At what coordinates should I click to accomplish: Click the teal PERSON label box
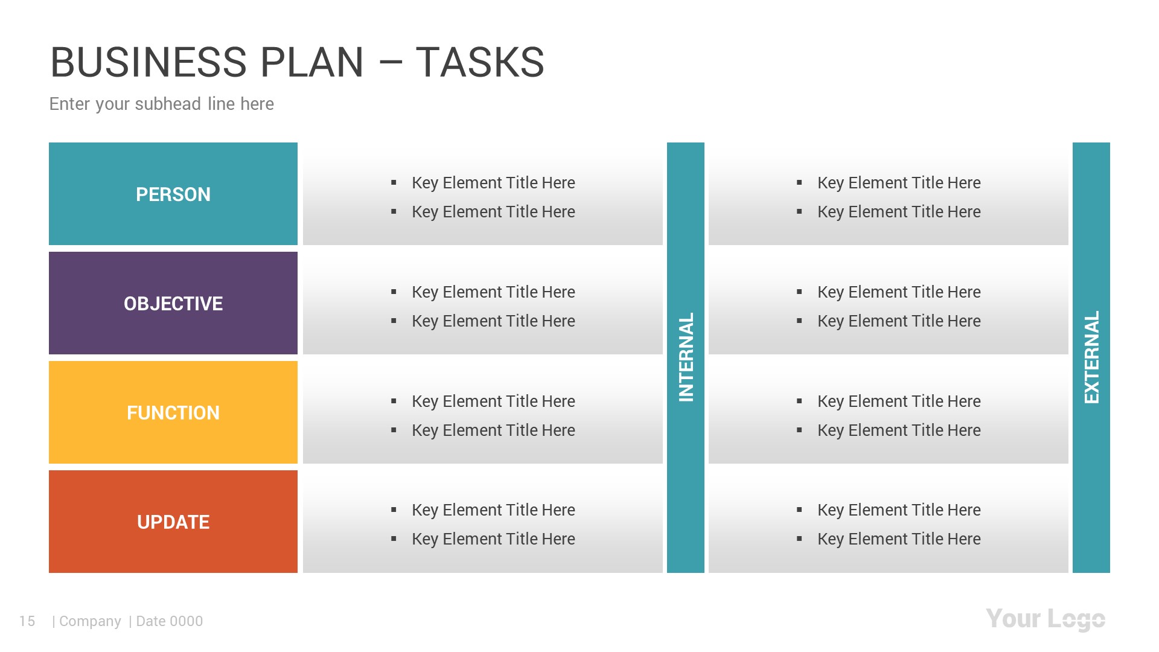click(x=173, y=194)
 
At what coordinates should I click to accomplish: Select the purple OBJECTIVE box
click(x=173, y=303)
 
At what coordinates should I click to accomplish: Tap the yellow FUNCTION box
click(x=173, y=412)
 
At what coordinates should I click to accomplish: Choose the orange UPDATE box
click(x=173, y=522)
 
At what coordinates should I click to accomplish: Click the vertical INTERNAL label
click(x=686, y=357)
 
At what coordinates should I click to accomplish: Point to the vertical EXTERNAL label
click(x=1091, y=357)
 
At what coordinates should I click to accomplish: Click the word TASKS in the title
click(x=480, y=63)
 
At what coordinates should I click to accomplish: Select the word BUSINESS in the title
click(x=148, y=63)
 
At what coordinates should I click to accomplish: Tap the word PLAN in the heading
click(x=312, y=63)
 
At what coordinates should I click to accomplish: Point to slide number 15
click(x=27, y=621)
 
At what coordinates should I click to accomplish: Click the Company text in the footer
click(x=90, y=621)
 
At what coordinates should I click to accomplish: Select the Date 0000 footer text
click(x=169, y=621)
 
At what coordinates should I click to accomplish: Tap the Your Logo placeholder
click(x=1045, y=619)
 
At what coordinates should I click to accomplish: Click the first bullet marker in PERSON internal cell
click(x=394, y=182)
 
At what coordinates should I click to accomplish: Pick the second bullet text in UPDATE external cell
click(x=899, y=539)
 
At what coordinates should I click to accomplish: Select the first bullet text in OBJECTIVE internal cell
click(x=493, y=292)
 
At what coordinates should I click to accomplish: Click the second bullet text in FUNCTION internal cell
click(x=493, y=430)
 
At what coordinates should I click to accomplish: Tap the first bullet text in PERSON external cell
click(x=899, y=183)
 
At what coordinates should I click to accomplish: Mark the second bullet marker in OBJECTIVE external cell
click(x=799, y=321)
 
